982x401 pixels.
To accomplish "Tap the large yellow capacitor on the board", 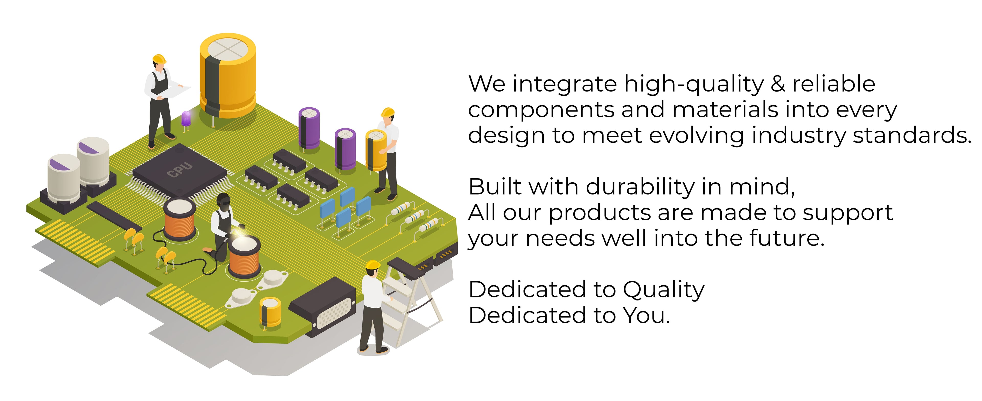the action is point(228,75).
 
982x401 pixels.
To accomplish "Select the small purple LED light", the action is point(186,119).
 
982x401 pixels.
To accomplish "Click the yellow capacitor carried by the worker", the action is point(376,151).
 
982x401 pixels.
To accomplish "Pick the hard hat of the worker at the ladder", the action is point(373,264).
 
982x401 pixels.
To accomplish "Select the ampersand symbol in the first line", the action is point(778,84).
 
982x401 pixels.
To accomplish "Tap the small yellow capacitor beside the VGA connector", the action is point(270,312).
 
